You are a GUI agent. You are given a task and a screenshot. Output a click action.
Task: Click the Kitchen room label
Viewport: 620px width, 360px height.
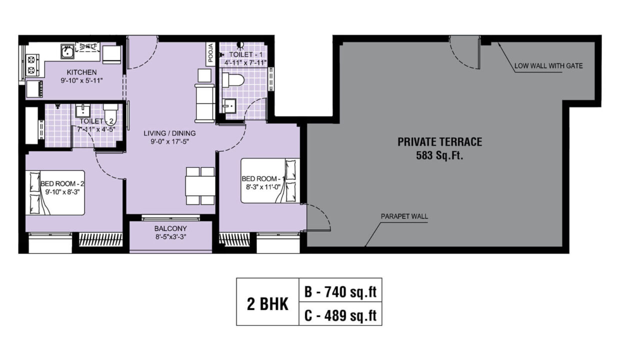click(81, 72)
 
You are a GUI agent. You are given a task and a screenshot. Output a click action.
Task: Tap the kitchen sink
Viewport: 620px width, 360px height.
click(67, 51)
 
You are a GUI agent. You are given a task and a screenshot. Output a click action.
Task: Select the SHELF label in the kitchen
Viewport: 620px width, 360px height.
click(88, 46)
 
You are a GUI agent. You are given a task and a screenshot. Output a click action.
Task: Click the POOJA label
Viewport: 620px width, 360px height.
click(210, 53)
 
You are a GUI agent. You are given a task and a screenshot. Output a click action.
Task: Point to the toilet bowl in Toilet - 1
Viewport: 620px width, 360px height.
click(233, 79)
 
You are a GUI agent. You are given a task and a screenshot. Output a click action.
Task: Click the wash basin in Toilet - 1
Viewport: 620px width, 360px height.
click(229, 106)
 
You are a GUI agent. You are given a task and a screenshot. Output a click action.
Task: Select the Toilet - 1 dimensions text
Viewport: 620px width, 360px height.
click(245, 63)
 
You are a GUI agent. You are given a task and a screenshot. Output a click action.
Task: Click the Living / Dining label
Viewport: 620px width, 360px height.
click(169, 133)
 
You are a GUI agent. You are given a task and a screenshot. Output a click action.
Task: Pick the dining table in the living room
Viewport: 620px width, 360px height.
click(200, 185)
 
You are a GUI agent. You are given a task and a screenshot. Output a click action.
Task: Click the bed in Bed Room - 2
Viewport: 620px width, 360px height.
click(55, 192)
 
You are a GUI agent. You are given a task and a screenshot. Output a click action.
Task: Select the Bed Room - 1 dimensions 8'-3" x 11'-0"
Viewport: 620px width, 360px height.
click(263, 187)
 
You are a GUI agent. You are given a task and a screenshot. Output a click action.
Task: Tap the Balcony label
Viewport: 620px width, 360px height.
click(170, 228)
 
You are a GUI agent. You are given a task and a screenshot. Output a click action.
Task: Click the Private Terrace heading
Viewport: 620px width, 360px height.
click(440, 142)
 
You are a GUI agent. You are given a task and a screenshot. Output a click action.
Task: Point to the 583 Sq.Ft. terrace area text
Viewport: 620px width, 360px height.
click(440, 155)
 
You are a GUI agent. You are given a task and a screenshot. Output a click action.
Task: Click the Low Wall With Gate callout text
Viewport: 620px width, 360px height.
click(548, 66)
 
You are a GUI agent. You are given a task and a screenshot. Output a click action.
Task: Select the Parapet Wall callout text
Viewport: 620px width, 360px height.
click(404, 216)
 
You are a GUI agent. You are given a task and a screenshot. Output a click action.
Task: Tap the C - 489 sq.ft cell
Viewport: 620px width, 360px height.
click(340, 314)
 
